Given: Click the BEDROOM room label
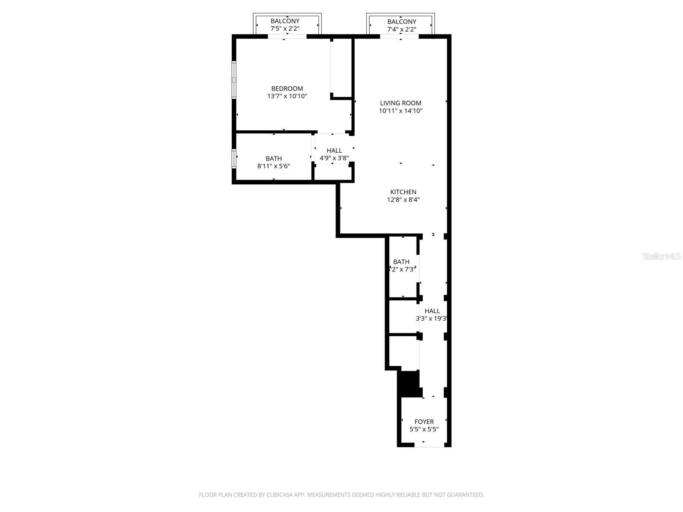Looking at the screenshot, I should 287,88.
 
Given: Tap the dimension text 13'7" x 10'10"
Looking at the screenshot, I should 287,96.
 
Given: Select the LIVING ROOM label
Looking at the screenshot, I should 400,103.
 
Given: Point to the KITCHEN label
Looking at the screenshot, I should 403,192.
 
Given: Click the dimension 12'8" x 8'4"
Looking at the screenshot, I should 403,200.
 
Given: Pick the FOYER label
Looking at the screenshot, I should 424,422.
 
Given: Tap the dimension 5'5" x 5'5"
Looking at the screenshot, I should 424,430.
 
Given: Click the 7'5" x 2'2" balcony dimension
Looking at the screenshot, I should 285,29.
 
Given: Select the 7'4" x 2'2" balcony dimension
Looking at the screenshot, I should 401,29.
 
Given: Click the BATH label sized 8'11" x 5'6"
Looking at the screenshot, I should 274,158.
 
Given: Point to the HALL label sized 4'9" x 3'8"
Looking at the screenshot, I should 334,150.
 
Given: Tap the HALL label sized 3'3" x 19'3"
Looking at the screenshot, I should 432,311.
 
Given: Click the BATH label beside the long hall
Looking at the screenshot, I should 401,262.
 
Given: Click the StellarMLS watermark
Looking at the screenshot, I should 661,256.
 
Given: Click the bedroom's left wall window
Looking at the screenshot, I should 234,80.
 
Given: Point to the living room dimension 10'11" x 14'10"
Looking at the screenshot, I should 400,111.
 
